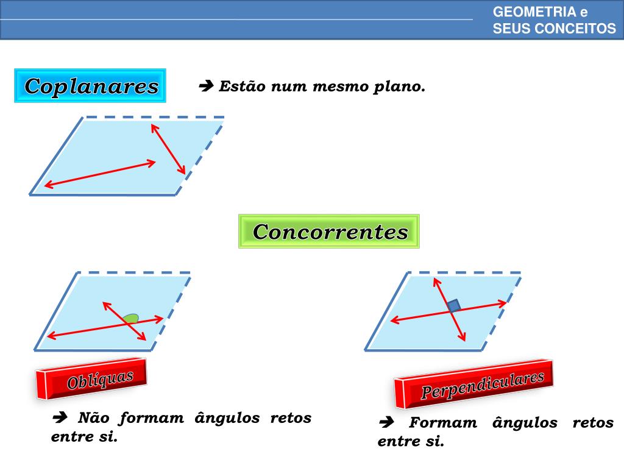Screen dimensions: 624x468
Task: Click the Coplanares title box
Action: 90,86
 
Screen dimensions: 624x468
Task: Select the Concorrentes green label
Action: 329,232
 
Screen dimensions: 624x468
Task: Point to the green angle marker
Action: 130,318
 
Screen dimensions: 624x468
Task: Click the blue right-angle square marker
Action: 453,305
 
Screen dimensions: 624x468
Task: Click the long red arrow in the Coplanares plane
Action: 100,174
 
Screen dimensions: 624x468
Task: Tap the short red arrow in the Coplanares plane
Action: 168,149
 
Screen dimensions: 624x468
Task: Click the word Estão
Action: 243,87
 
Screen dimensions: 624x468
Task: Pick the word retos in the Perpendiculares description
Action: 593,423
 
